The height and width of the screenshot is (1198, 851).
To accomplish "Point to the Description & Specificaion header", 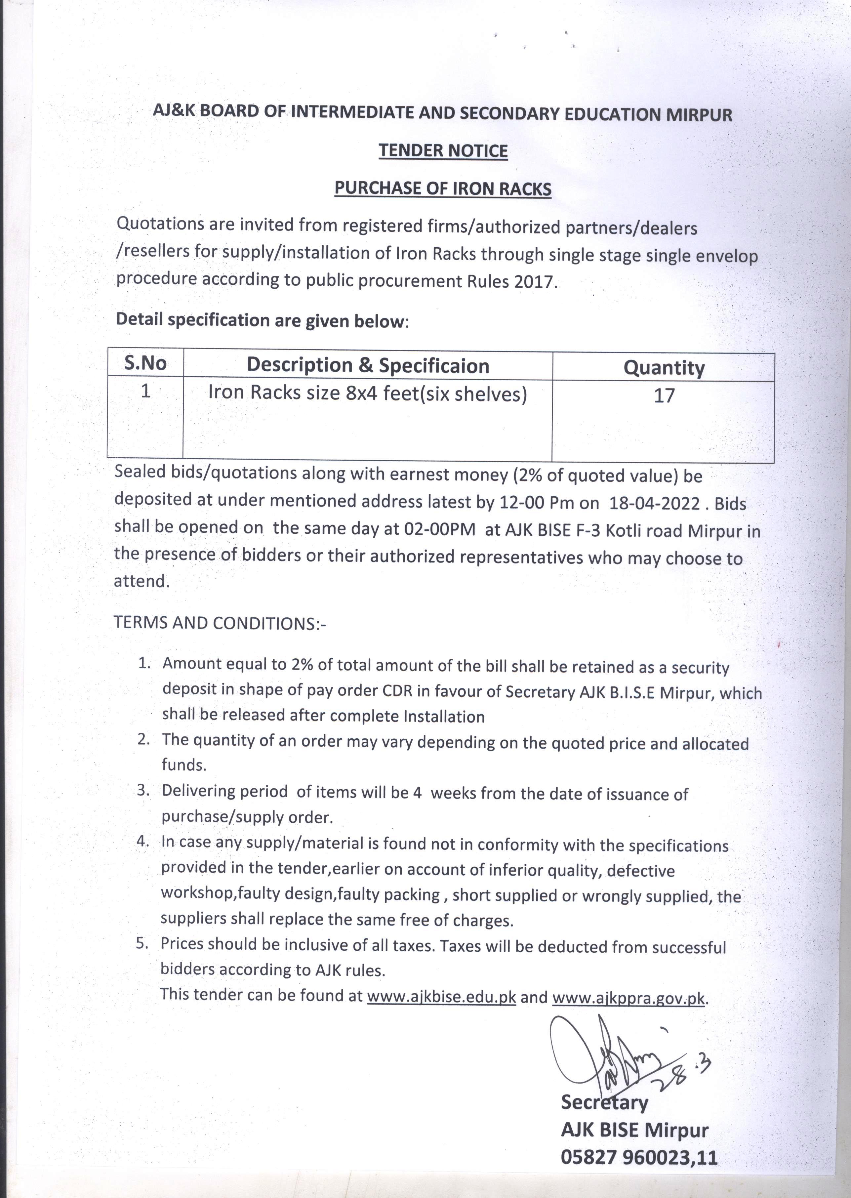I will [x=368, y=365].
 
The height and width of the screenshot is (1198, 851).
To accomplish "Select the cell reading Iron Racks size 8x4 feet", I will [x=367, y=393].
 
